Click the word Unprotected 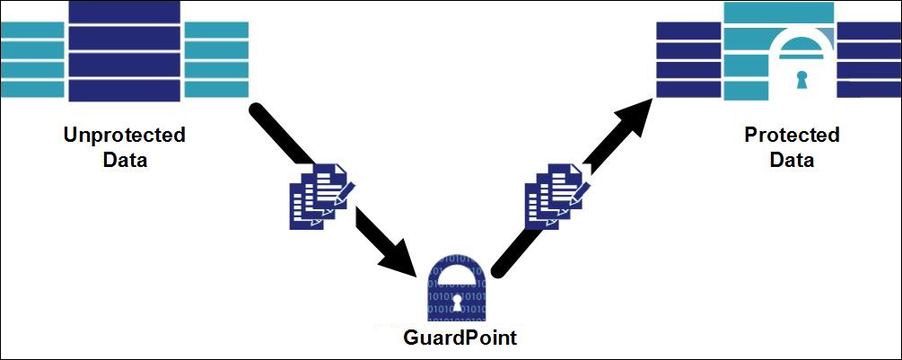[x=124, y=136]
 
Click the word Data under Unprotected [x=124, y=161]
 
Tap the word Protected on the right [x=792, y=136]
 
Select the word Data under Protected [x=792, y=161]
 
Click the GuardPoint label [x=460, y=338]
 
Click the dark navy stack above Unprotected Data [x=125, y=49]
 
